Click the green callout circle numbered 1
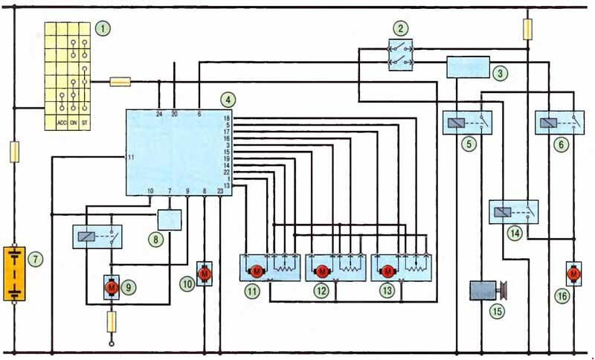[x=103, y=28]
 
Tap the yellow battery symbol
[x=14, y=274]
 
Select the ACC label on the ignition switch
[x=62, y=123]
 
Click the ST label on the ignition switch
[x=84, y=123]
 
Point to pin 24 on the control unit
[x=159, y=114]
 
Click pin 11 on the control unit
[x=131, y=158]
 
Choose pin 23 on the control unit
[x=220, y=191]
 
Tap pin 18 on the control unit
[x=227, y=118]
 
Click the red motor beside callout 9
[x=112, y=288]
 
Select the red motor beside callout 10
[x=205, y=274]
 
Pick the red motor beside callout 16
[x=573, y=274]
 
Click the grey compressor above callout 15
[x=488, y=291]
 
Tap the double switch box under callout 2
[x=401, y=55]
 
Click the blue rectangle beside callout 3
[x=469, y=67]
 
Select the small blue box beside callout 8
[x=170, y=220]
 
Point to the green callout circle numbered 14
[x=515, y=234]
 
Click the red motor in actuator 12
[x=322, y=271]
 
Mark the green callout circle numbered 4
[x=228, y=100]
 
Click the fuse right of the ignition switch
[x=120, y=82]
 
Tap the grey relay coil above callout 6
[x=549, y=123]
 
